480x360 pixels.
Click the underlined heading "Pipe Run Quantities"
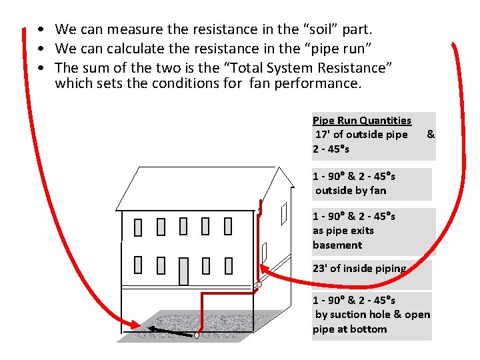point(362,121)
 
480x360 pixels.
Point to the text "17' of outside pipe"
point(361,135)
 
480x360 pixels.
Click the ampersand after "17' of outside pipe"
point(431,135)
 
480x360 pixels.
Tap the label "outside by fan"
point(351,191)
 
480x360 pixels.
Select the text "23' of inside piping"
point(359,269)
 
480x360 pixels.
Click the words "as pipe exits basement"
point(343,238)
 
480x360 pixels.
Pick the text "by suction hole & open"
point(373,315)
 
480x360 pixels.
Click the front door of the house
point(184,271)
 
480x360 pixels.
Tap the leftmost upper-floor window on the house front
point(138,227)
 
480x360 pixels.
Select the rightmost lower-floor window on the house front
point(229,266)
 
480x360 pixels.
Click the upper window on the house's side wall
point(284,213)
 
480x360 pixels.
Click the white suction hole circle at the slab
point(197,335)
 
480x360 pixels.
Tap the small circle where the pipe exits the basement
point(259,285)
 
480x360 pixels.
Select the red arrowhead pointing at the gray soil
point(136,325)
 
